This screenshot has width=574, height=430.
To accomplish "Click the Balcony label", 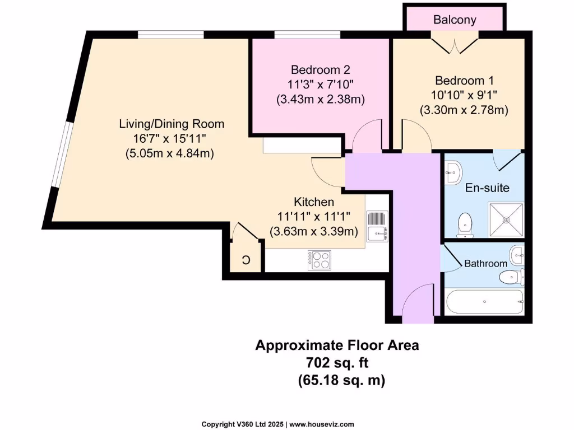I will [x=455, y=20].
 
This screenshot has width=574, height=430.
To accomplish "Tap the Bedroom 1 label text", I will [x=464, y=80].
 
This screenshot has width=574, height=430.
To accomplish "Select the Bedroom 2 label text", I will [x=320, y=70].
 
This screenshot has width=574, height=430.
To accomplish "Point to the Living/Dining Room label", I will [x=172, y=124].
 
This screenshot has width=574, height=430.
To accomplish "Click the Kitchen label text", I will [x=314, y=202].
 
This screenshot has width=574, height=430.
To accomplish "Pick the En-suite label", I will [x=487, y=188].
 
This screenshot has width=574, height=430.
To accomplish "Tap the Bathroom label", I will [x=485, y=263].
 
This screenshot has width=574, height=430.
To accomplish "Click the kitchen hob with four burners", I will [x=319, y=260].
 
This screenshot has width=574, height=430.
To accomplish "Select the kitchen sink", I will [x=375, y=226].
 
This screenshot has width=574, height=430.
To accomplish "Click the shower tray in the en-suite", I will [x=506, y=220].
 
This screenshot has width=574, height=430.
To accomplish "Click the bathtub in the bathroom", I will [x=484, y=302].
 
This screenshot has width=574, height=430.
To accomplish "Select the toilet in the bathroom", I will [x=511, y=276].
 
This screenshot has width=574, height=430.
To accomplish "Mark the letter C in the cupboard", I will [x=246, y=260].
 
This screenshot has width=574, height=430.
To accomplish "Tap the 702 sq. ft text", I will [x=337, y=363].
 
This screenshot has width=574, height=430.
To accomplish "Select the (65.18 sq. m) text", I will [x=341, y=380].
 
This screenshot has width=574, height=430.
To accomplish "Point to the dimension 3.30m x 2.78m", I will [x=464, y=110].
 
